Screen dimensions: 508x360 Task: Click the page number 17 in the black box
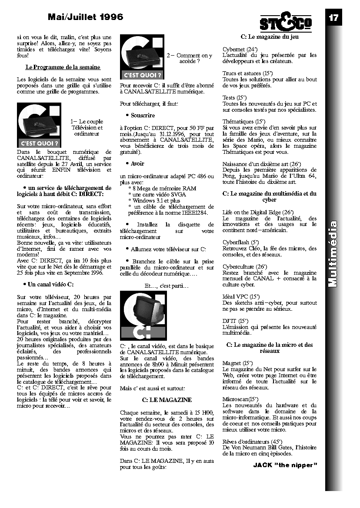coord(333,18)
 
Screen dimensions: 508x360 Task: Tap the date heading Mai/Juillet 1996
coord(86,17)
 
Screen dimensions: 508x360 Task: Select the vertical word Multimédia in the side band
coord(333,254)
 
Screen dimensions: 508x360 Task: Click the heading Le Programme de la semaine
coord(63,67)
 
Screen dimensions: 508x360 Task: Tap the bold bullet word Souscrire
coord(143,116)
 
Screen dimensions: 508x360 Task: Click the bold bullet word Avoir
coord(137,164)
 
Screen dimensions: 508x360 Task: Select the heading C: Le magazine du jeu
coord(270,37)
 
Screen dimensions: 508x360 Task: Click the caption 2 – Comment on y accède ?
coord(190,59)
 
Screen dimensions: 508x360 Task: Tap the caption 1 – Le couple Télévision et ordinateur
coord(87,128)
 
